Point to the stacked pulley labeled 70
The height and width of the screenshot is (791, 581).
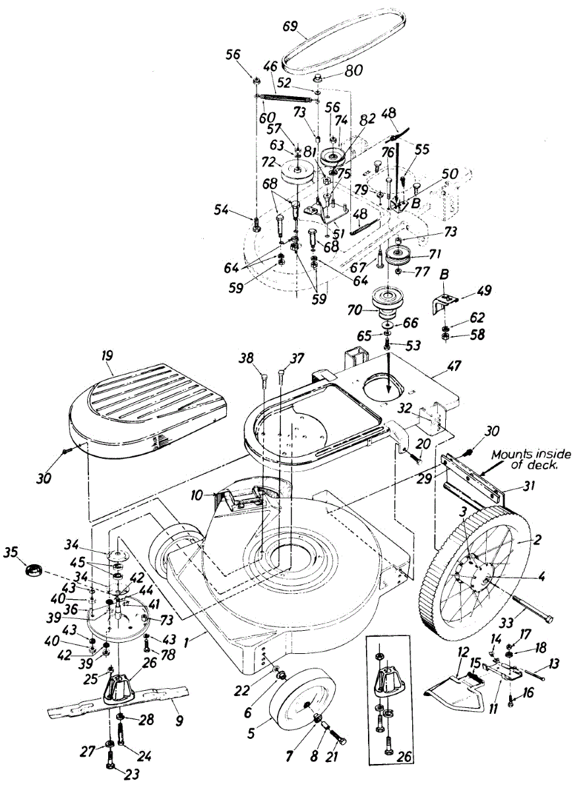[x=388, y=300]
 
